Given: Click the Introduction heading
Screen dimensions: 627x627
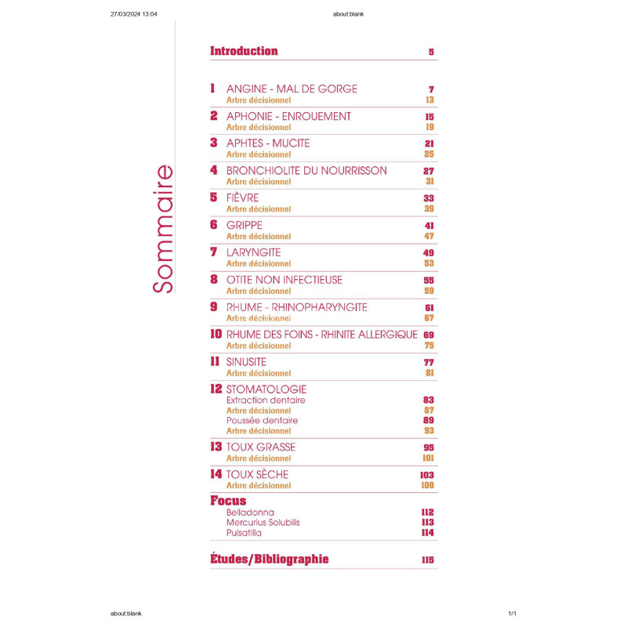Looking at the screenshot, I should coord(244,51).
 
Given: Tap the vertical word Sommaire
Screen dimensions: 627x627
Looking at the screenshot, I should coord(162,228).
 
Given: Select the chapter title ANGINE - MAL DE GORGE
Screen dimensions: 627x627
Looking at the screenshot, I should coord(292,89).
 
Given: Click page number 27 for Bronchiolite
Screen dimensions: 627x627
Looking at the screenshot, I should coord(428,171).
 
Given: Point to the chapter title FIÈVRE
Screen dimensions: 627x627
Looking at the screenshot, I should coord(242,198).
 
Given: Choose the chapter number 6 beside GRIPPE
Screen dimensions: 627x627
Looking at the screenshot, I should coord(213,225).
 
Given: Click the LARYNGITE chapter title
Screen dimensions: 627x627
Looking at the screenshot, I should coord(253,252).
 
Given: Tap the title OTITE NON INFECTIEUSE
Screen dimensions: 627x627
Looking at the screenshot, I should coord(284,280).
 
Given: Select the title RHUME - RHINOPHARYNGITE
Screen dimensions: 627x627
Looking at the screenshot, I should coord(296,307).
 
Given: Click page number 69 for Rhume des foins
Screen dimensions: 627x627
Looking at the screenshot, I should coord(429,335).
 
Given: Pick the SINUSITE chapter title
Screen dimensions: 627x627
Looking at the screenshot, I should coord(246,362).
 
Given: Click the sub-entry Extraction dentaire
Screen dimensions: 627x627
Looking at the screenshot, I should coord(265,400).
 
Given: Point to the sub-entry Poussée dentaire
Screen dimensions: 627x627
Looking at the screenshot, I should coord(262,420).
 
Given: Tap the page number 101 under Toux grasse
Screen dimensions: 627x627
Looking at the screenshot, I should coord(427,458).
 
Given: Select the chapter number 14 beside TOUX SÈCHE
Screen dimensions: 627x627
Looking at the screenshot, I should coord(216,474).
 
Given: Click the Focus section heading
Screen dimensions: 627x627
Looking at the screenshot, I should coord(228,500).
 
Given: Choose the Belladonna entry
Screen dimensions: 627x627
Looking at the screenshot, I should coord(250,513).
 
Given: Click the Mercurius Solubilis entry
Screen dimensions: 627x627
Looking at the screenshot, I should coord(263,523).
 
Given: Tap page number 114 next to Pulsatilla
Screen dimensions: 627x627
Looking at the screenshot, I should coord(427,533).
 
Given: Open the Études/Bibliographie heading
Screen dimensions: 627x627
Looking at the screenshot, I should coord(270,560).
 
